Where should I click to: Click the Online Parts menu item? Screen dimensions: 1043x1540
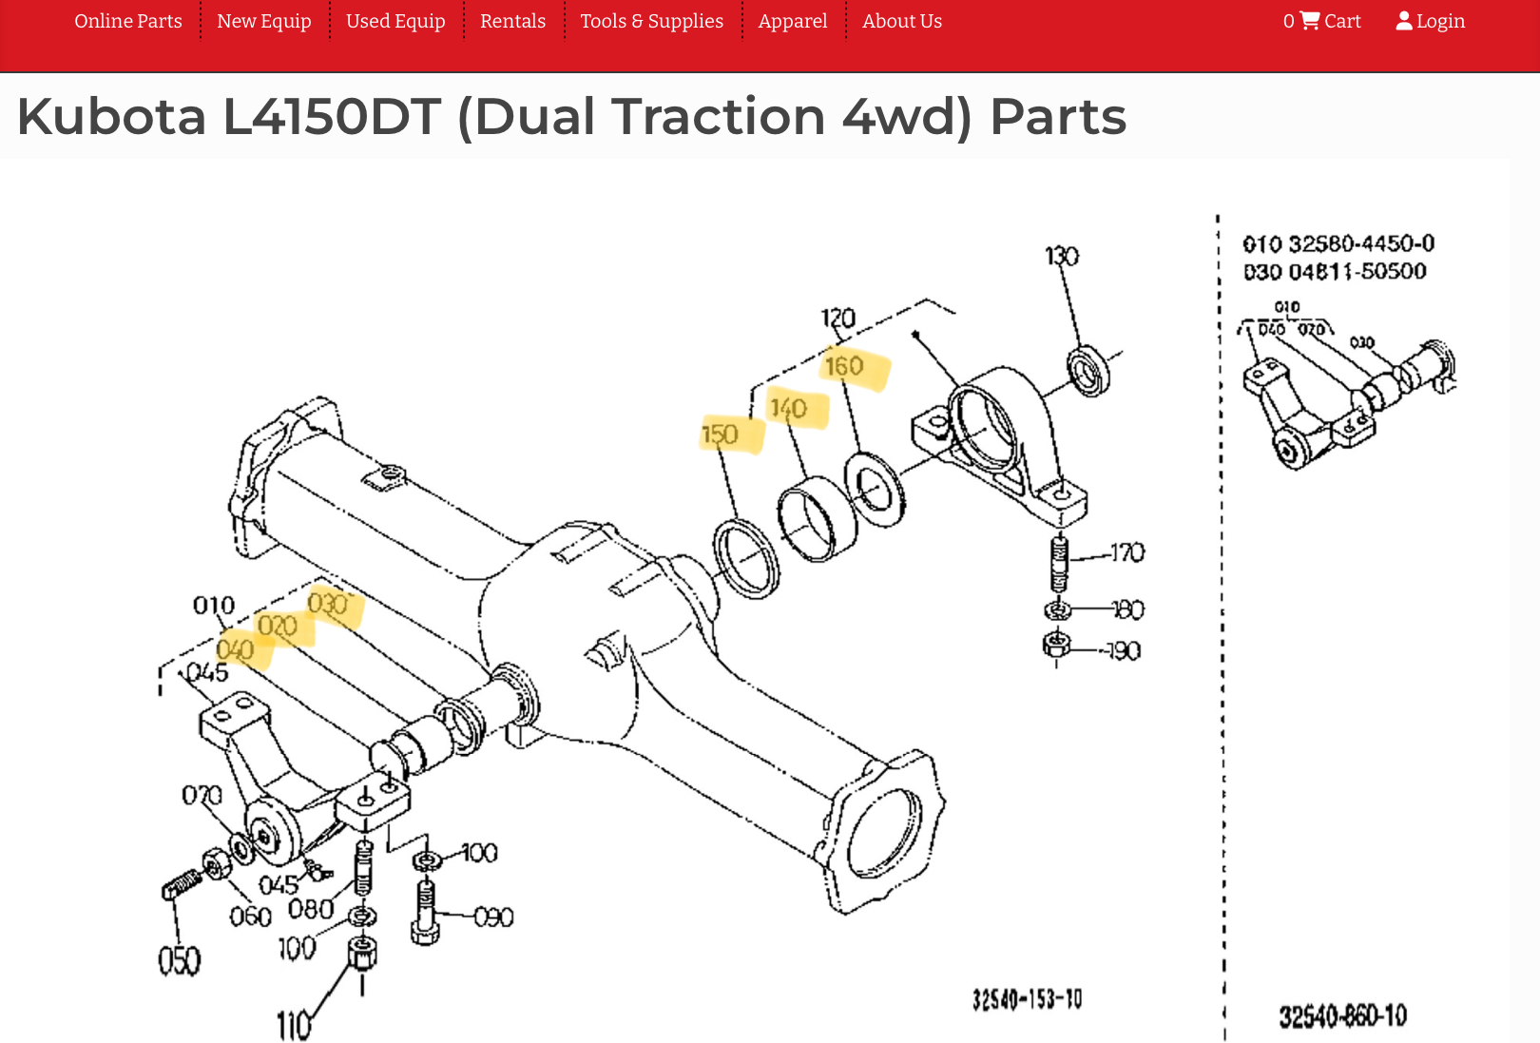pyautogui.click(x=128, y=21)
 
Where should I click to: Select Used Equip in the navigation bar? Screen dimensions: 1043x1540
pyautogui.click(x=395, y=21)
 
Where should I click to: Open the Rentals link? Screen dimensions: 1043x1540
pyautogui.click(x=512, y=21)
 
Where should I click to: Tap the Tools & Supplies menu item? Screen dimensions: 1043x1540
pyautogui.click(x=651, y=21)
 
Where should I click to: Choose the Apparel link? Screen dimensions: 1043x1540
pyautogui.click(x=793, y=21)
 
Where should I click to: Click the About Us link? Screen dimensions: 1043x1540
pyautogui.click(x=902, y=21)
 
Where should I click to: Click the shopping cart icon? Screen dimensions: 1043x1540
pyautogui.click(x=1310, y=20)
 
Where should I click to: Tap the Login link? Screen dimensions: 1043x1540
pyautogui.click(x=1431, y=21)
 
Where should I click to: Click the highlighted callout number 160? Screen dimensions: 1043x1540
pyautogui.click(x=844, y=366)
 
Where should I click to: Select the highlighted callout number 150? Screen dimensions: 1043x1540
pyautogui.click(x=720, y=435)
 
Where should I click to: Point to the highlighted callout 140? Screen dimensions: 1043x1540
pyautogui.click(x=788, y=409)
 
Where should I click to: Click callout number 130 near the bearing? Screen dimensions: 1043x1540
pyautogui.click(x=1062, y=257)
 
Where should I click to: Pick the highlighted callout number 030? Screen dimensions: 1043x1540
pyautogui.click(x=327, y=604)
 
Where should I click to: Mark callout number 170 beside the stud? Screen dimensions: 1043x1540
pyautogui.click(x=1127, y=552)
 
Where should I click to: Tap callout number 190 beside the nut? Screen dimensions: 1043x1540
pyautogui.click(x=1124, y=651)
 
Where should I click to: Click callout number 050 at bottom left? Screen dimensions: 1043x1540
pyautogui.click(x=180, y=961)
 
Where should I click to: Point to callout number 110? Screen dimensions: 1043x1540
pyautogui.click(x=294, y=1026)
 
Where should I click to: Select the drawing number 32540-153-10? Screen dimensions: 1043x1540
pyautogui.click(x=1027, y=999)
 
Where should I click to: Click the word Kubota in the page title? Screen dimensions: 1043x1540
pyautogui.click(x=111, y=117)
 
